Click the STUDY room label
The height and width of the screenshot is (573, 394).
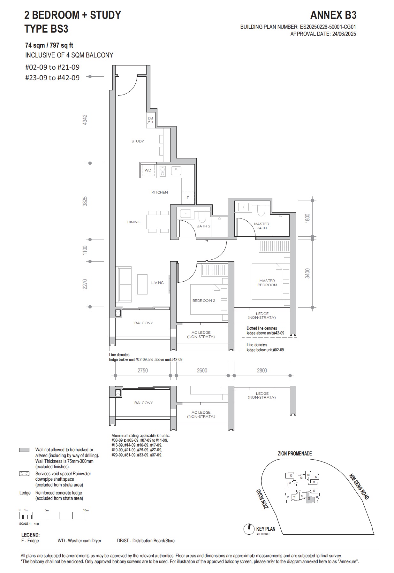(138, 141)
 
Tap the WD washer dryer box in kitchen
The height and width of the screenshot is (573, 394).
(148, 170)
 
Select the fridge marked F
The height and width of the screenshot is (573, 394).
(188, 198)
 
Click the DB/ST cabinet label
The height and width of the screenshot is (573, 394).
(150, 120)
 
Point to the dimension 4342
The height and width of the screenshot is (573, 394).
(85, 120)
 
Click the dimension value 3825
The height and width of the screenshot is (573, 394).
(85, 201)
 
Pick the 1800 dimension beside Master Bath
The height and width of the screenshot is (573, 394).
(307, 218)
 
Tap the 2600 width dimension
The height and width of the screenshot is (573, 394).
(202, 371)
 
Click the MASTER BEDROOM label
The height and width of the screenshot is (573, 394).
(267, 283)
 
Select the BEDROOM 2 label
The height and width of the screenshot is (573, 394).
(204, 301)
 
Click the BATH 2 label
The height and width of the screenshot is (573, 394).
(203, 226)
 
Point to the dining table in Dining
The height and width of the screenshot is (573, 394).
(158, 222)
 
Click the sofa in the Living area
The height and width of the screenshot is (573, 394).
(125, 284)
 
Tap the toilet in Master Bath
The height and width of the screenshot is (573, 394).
(261, 210)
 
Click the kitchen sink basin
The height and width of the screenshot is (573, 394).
(176, 171)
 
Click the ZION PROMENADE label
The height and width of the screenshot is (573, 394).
(295, 454)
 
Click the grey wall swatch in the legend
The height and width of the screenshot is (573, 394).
(24, 450)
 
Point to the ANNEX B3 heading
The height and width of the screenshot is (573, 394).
(333, 15)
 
